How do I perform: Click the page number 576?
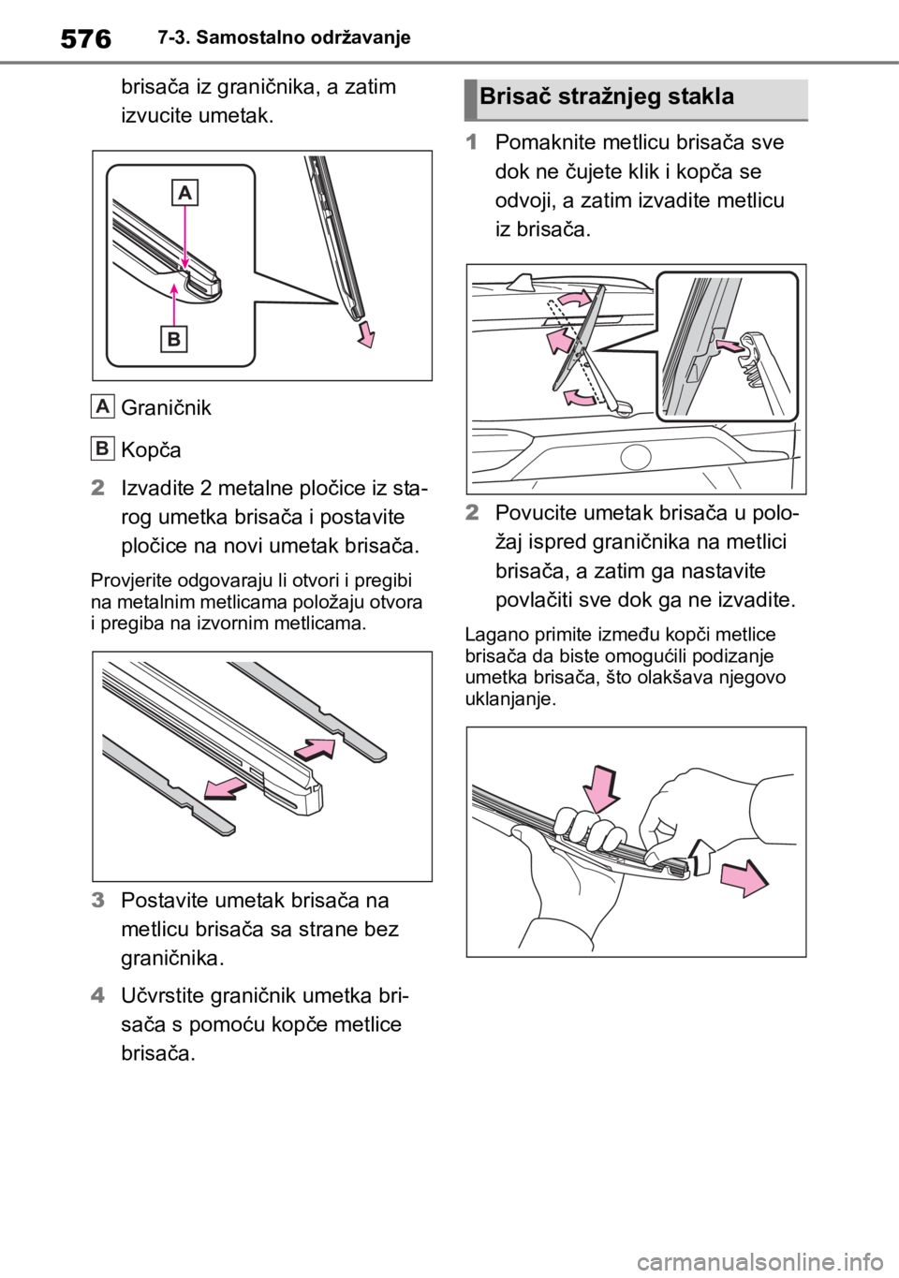(x=85, y=38)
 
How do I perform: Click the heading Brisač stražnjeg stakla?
(x=607, y=96)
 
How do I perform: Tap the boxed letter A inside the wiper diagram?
(x=184, y=193)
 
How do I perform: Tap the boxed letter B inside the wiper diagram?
(x=173, y=340)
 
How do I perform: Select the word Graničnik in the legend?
(x=166, y=408)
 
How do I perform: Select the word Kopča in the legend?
(x=151, y=450)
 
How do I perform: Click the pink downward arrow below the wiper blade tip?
(x=366, y=333)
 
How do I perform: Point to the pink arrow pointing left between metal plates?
(x=226, y=789)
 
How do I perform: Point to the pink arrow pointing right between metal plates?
(x=315, y=750)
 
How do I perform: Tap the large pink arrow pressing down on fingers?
(x=601, y=790)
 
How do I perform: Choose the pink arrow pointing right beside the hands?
(x=744, y=878)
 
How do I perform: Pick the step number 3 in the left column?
(x=97, y=901)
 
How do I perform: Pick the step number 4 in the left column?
(x=97, y=995)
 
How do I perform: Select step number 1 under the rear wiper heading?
(x=470, y=142)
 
